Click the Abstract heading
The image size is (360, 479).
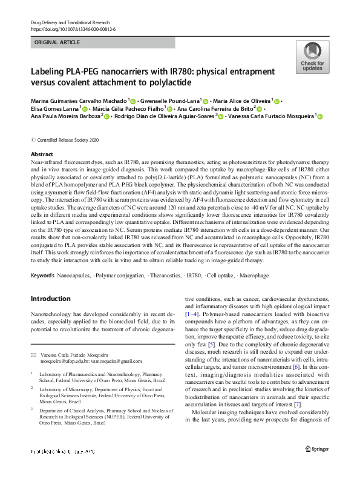click(x=42, y=155)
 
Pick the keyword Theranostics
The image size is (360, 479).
click(x=162, y=276)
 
